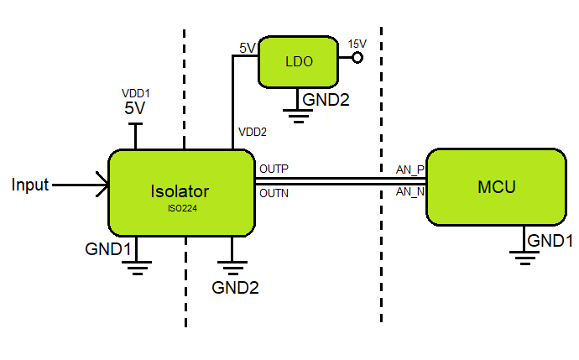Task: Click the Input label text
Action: coord(30,185)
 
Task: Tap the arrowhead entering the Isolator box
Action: coord(103,185)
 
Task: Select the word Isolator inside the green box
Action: coord(180,190)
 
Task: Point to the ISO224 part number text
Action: coord(180,207)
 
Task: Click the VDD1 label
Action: coord(135,94)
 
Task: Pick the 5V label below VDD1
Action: coord(135,108)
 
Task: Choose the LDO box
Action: coord(297,62)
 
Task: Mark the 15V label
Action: coord(357,43)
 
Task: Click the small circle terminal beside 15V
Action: coord(357,58)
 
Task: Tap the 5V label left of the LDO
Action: coord(247,48)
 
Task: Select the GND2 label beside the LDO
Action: coord(326,101)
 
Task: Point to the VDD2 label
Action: coord(253,132)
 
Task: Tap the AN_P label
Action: coord(410,170)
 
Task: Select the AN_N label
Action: coord(410,192)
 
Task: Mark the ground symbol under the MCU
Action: coord(525,256)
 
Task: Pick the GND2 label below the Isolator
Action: coord(235,287)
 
